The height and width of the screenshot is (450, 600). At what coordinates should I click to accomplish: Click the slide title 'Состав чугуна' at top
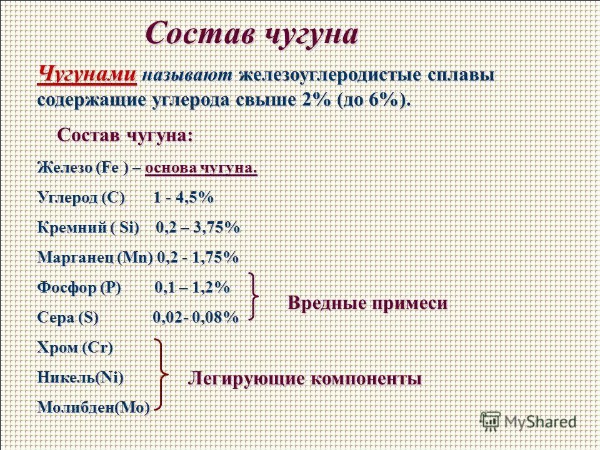252,32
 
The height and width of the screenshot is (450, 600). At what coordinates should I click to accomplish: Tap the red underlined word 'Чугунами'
87,75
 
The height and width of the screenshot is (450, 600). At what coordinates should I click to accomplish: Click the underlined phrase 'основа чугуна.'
201,168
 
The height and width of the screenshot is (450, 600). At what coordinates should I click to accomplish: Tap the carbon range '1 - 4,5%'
183,198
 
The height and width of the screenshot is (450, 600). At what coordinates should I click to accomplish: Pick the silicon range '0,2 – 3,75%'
197,228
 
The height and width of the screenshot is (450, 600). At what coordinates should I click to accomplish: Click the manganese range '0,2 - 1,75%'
197,257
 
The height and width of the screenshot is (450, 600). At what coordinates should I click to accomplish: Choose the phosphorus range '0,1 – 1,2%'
192,287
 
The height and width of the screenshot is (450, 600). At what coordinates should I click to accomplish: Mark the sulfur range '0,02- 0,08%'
196,317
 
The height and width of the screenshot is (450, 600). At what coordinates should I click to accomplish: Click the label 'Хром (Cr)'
75,347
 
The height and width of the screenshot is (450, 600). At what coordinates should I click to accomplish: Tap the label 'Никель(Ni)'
80,377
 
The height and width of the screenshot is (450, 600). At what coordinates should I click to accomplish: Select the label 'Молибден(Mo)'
94,407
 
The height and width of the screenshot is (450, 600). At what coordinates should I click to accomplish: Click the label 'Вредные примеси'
367,303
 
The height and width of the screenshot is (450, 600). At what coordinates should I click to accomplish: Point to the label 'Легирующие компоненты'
305,378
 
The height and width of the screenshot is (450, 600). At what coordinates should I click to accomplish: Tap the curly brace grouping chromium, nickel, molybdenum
164,376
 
